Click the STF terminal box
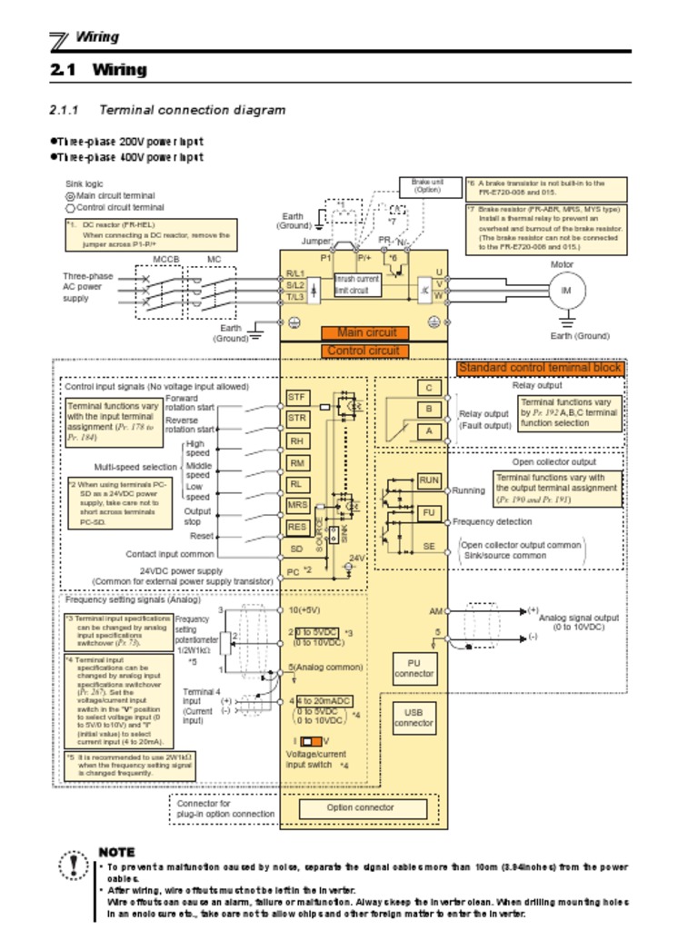pos(297,397)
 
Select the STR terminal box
pos(297,419)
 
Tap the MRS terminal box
pos(297,505)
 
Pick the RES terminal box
pos(297,527)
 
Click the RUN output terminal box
pos(429,480)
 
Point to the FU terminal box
pos(429,513)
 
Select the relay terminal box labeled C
pos(429,388)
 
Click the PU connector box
pos(414,668)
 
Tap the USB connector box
pos(414,718)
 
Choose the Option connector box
pos(361,807)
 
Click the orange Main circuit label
pos(367,333)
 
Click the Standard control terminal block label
pos(541,368)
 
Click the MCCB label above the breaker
pos(166,260)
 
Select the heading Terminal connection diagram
pos(192,110)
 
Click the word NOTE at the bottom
pos(116,853)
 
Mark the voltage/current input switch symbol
pos(307,741)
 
